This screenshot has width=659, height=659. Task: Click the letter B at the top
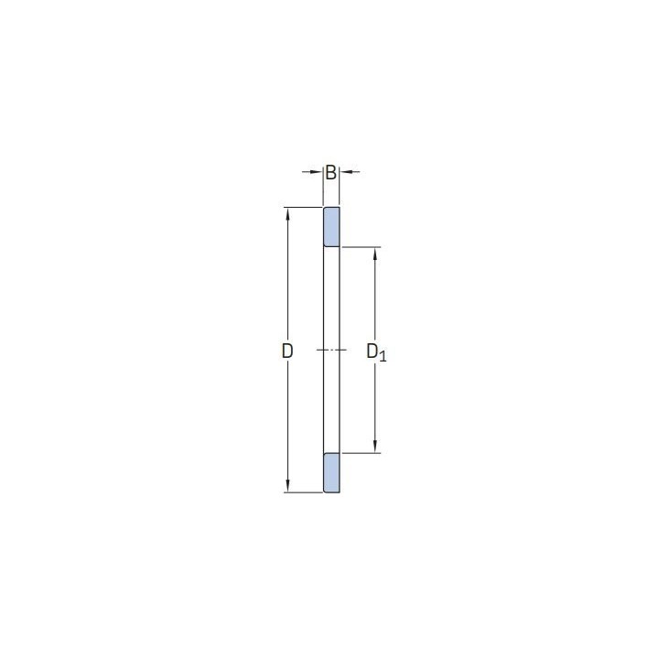coord(330,172)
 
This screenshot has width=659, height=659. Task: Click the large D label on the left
coord(287,351)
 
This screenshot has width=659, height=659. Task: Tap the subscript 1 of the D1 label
coord(382,357)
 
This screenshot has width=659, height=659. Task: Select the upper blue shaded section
coord(331,227)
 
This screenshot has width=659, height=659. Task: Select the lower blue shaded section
coord(331,473)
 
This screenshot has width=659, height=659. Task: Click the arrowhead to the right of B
coord(346,172)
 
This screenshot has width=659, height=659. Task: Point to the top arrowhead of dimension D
coord(288,214)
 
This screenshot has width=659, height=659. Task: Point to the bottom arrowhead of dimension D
coord(288,486)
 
